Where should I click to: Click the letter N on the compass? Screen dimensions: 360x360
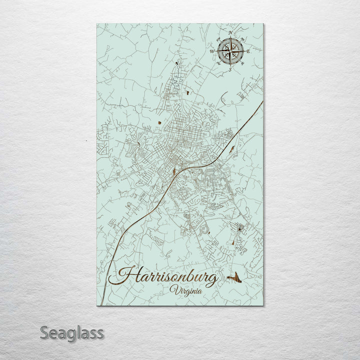point(230,33)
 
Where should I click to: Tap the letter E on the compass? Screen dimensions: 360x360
point(248,51)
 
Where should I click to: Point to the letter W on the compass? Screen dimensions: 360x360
point(212,51)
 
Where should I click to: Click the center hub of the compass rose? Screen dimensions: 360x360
point(230,51)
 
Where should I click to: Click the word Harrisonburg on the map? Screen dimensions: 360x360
point(167,277)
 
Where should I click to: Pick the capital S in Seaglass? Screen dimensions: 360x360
point(44,332)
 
